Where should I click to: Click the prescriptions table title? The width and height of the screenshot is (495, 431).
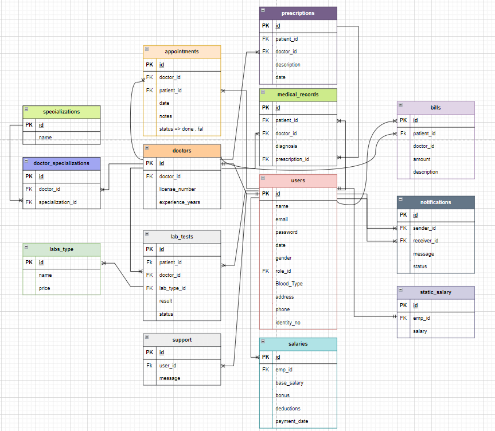click(298, 13)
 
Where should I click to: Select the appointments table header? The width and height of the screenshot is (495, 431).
click(182, 52)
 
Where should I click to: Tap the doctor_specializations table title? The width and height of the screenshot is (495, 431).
click(61, 163)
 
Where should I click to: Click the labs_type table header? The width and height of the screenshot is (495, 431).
click(61, 249)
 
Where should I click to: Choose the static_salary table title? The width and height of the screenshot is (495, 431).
click(436, 292)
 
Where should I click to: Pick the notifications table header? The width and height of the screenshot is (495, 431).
click(436, 202)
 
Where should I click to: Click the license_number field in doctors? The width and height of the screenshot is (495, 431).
click(177, 189)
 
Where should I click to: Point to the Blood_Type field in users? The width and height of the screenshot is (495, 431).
click(289, 284)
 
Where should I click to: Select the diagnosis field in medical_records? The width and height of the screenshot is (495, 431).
click(286, 146)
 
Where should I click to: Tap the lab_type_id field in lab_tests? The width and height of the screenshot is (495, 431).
click(173, 288)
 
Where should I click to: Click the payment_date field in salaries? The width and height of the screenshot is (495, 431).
click(292, 421)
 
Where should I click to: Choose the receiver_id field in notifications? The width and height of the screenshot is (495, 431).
click(426, 241)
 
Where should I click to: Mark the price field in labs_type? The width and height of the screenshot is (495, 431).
click(45, 288)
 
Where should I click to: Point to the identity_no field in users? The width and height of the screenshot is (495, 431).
click(288, 323)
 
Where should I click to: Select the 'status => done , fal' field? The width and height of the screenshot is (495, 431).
click(181, 129)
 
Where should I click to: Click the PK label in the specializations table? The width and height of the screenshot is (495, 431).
click(29, 125)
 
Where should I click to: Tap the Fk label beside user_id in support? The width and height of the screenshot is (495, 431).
click(149, 365)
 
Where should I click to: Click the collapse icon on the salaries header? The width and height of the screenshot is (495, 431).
click(263, 342)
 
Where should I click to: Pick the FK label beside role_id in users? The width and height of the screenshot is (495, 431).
click(266, 271)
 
